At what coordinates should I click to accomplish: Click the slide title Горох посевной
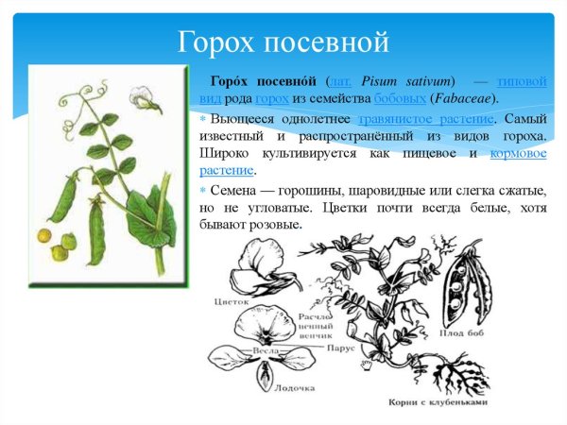(283, 42)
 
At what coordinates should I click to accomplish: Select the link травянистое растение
(426, 118)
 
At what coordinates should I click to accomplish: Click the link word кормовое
(519, 153)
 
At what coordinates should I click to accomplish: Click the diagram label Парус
(341, 347)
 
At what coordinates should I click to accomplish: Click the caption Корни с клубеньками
(438, 401)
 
